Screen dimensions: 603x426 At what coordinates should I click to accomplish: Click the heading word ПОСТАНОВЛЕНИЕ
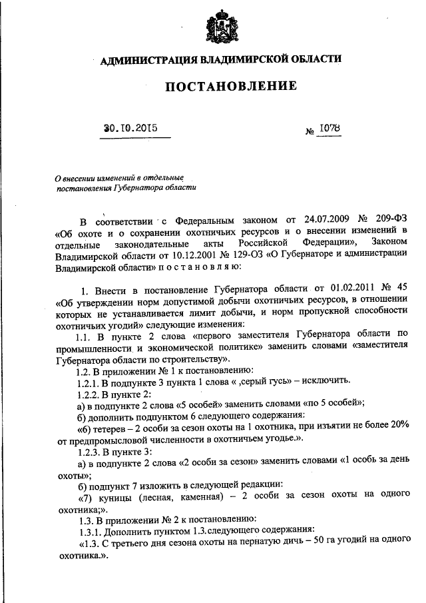click(221, 86)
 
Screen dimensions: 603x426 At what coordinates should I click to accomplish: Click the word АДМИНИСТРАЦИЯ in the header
click(146, 60)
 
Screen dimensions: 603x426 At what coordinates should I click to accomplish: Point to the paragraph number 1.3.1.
click(90, 530)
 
